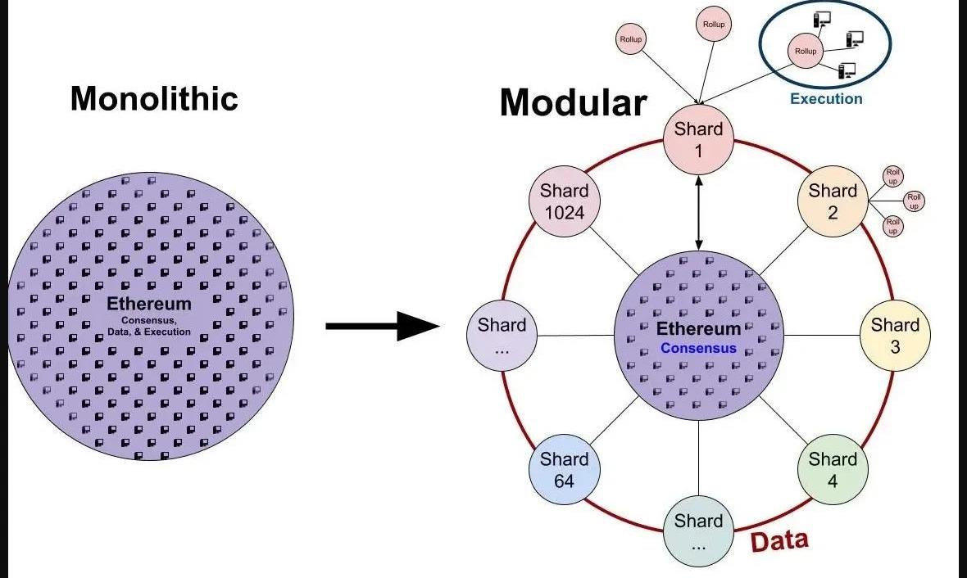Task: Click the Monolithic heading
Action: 154,99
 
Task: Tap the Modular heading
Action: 573,103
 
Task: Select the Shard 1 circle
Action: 698,140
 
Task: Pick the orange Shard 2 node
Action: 833,201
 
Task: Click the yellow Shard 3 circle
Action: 895,336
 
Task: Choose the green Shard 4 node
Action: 833,470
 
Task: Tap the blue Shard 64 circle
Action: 564,470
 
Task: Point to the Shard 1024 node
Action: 564,201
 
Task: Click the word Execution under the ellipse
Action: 826,99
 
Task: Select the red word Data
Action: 779,541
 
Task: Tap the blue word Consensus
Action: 698,348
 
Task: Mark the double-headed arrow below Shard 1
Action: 698,213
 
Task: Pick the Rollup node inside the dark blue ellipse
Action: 806,52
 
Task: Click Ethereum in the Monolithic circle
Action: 149,305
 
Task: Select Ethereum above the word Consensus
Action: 698,329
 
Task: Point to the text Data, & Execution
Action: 149,332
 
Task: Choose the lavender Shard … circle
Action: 502,336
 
